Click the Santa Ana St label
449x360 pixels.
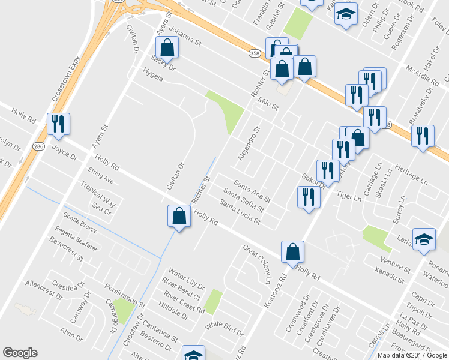coord(252,191)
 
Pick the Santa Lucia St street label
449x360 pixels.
coord(240,212)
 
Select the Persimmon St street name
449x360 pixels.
coord(127,292)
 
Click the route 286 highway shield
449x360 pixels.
coord(38,146)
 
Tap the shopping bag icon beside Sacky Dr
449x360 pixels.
coord(167,49)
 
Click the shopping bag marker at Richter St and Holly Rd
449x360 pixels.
coord(179,217)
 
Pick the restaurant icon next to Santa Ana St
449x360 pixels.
coord(309,198)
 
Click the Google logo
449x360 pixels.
coord(20,353)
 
